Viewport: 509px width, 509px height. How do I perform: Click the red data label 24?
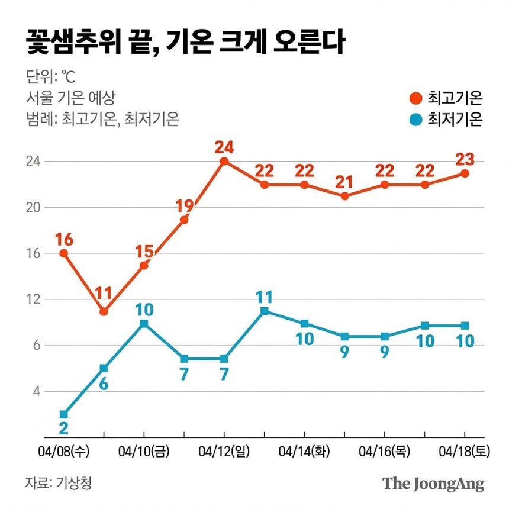pos(224,146)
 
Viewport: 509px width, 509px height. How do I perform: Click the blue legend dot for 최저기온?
pos(415,120)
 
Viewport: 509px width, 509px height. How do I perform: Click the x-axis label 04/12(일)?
pos(224,452)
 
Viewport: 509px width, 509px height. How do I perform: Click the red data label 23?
pos(465,159)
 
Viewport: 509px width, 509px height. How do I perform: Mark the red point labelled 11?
pos(104,311)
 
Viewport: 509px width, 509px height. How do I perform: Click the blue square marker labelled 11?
pos(264,311)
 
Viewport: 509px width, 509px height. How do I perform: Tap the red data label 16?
pos(63,240)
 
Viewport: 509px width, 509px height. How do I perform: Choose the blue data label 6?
pos(104,384)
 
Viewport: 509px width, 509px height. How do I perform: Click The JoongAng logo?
pos(433,484)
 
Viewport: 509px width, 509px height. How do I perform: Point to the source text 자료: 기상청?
pos(58,482)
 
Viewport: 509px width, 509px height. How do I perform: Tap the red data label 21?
pos(344,182)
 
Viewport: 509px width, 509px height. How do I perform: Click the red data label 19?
pos(184,206)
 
